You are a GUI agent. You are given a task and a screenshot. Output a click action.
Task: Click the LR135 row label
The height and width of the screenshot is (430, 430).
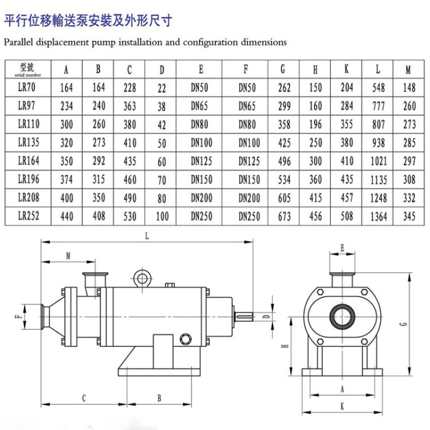coord(28,142)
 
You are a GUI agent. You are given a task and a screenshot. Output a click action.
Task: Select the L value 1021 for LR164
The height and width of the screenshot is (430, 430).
coord(378,161)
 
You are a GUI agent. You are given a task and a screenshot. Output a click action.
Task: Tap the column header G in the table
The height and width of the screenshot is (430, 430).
coord(283,69)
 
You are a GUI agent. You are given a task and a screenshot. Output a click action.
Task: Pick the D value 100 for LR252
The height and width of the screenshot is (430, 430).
coord(162,216)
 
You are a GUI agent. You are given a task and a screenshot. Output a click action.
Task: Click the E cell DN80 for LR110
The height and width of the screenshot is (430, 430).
coord(200,124)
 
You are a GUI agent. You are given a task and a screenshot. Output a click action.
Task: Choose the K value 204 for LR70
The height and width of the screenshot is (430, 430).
coord(347,87)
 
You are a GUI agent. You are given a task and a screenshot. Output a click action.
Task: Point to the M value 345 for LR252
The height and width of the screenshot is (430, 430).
coord(409,216)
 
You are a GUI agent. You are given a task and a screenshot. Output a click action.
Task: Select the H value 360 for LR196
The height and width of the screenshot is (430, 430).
coord(315,180)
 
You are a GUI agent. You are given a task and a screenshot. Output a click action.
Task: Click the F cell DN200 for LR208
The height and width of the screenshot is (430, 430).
coord(249,198)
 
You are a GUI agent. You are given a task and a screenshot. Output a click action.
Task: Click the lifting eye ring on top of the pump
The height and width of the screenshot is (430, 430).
coord(142,278)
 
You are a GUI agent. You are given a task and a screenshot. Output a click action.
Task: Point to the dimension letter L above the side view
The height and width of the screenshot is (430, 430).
coord(147,236)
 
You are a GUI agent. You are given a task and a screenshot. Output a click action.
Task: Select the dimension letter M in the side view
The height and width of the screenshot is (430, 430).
coord(68,256)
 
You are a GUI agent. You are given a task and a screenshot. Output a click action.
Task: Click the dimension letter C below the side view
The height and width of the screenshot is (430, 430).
coord(84,398)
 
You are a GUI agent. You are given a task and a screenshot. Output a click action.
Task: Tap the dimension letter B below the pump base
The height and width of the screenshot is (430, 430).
coord(160,398)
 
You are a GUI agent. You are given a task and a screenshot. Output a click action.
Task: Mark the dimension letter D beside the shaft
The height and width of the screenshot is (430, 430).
coord(266,317)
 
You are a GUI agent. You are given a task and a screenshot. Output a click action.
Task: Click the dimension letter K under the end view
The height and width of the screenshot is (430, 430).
coord(343,407)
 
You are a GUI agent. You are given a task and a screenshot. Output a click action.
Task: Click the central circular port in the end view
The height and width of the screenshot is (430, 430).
coord(343,317)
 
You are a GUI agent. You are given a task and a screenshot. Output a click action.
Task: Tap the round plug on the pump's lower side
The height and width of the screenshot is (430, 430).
coord(185,339)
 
